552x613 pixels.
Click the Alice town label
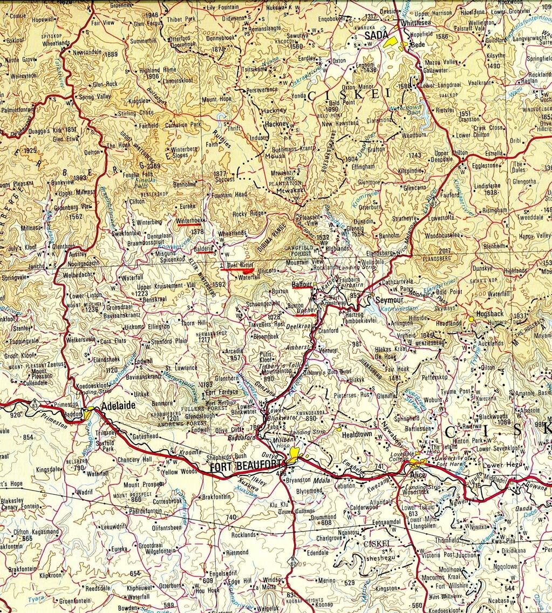pos(418,474)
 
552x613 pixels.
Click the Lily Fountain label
pos(222,8)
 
